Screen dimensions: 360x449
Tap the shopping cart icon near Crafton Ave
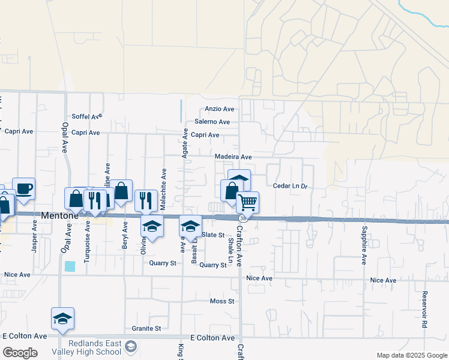pos(247,202)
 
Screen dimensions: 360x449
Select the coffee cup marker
pos(24,188)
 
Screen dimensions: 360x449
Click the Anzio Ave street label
pos(219,109)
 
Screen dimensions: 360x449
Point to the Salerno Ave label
pos(212,122)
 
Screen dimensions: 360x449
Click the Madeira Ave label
pos(234,157)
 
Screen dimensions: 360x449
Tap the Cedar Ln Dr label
pos(290,186)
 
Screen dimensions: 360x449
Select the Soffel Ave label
pos(87,116)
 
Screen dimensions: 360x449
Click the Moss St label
pos(221,301)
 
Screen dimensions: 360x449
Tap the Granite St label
pos(146,329)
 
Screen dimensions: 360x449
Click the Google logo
pos(20,353)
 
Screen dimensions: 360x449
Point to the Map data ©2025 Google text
pos(411,355)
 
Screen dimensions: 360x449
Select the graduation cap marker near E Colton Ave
pos(63,319)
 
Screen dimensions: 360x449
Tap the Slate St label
pos(212,235)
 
